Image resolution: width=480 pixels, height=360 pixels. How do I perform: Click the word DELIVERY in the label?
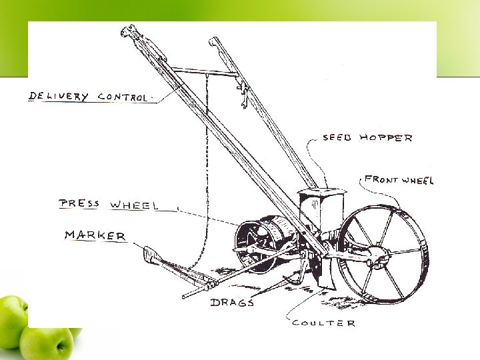coord(58,97)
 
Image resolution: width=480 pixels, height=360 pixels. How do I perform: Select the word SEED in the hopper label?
coord(338,138)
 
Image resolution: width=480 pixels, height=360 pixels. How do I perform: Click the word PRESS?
coord(79,203)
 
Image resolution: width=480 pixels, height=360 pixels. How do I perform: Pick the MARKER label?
coord(95,235)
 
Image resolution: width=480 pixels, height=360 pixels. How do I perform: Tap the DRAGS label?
coord(232,303)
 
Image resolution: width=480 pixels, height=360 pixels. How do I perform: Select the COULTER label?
coord(323,323)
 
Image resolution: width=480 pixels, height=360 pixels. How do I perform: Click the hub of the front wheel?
coord(381,253)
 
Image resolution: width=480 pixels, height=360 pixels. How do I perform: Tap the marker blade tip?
coord(148,251)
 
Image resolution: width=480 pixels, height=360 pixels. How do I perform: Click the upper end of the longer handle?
coord(127,31)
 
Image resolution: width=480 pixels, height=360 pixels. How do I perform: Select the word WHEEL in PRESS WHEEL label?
coord(133,205)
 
